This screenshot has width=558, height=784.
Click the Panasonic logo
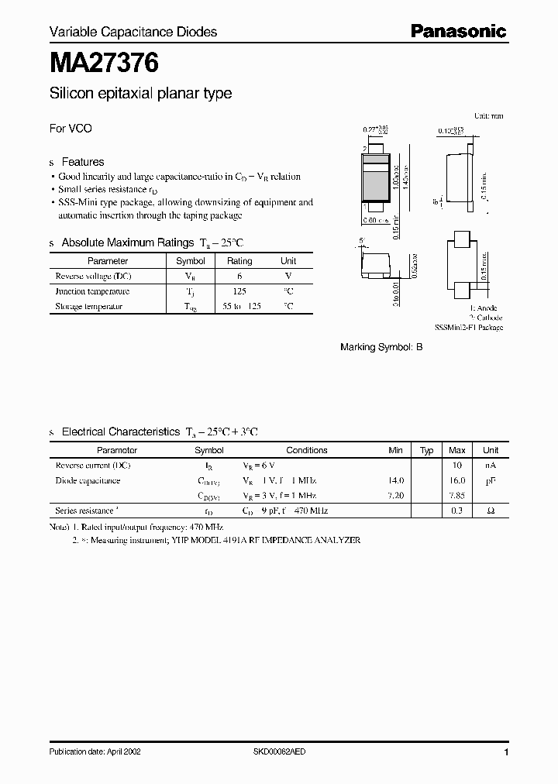click(x=457, y=31)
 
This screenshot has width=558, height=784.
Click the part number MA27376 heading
click(x=105, y=63)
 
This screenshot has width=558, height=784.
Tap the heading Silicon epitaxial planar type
click(x=140, y=94)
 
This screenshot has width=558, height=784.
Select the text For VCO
click(x=71, y=129)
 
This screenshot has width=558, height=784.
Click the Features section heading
click(x=82, y=162)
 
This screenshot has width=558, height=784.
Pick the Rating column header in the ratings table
click(x=239, y=261)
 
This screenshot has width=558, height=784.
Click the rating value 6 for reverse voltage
click(x=239, y=276)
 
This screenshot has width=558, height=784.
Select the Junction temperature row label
click(x=91, y=291)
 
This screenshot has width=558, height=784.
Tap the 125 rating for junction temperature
click(x=239, y=291)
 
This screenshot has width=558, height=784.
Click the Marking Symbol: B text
click(x=381, y=348)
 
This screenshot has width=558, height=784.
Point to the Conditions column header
click(x=307, y=450)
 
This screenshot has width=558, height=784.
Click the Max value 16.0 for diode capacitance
click(x=457, y=480)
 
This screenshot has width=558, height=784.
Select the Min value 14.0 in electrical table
click(x=395, y=480)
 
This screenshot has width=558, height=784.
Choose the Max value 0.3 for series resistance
click(x=457, y=511)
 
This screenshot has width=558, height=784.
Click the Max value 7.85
click(x=457, y=495)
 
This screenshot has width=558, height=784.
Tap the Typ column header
click(x=427, y=450)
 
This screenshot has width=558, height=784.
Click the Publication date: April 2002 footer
click(x=95, y=751)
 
